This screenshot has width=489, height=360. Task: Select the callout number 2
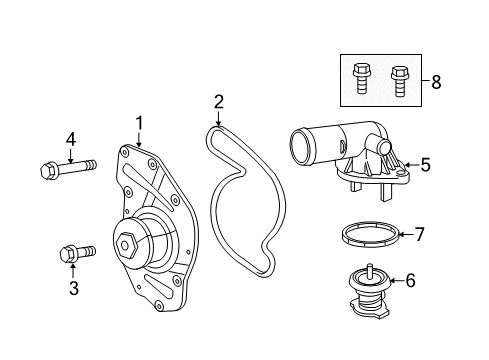click(x=219, y=101)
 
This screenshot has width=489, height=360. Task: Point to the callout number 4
click(x=71, y=138)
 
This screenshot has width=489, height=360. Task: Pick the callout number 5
click(x=425, y=165)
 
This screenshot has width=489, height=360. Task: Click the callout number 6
click(x=410, y=281)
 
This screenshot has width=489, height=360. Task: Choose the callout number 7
click(x=420, y=235)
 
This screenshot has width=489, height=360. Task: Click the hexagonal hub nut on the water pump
click(x=129, y=244)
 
